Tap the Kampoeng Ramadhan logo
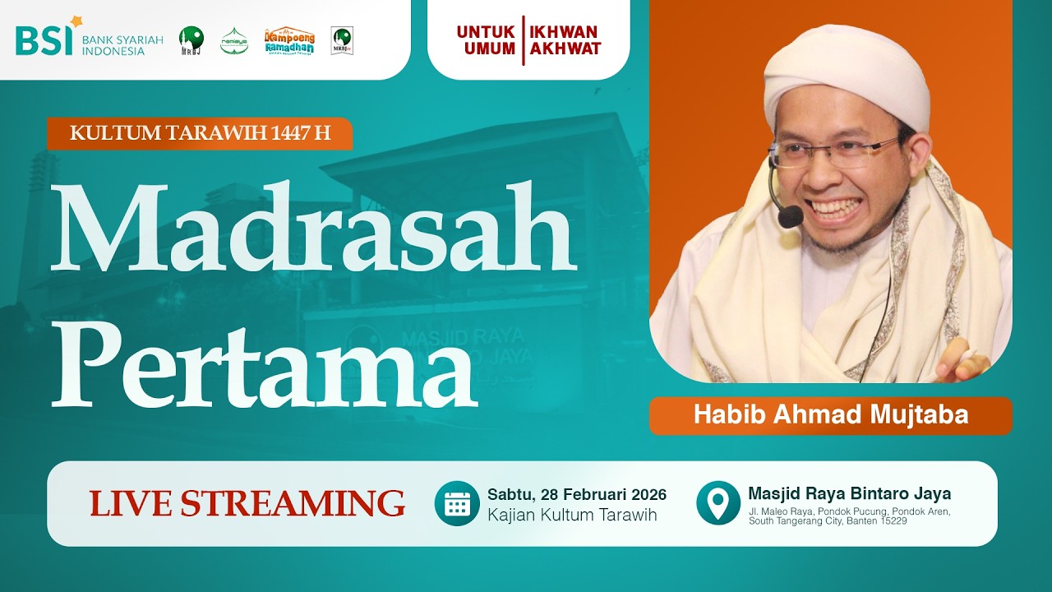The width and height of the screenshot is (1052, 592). point(288,40)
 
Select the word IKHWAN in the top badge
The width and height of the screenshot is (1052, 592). point(564,32)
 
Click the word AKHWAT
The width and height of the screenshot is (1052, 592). point(565,49)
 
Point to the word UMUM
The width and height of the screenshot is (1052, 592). point(490,49)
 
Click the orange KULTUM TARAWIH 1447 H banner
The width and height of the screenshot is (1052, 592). point(200,133)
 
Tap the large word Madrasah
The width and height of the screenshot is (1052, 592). point(313,229)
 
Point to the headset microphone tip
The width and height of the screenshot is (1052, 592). point(790,217)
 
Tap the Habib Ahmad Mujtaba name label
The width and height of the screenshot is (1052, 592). point(830,415)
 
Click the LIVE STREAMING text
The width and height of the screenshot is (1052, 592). point(247,503)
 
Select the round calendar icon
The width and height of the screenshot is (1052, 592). point(457,503)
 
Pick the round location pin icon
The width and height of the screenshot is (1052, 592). point(717,503)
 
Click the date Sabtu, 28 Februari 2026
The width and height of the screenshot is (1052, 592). point(576,494)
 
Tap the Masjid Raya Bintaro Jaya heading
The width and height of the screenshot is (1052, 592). point(849,493)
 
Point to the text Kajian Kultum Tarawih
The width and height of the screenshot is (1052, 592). point(572,515)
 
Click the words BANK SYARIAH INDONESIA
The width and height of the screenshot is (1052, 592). point(122,44)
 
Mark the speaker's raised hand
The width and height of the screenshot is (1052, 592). point(962,358)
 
